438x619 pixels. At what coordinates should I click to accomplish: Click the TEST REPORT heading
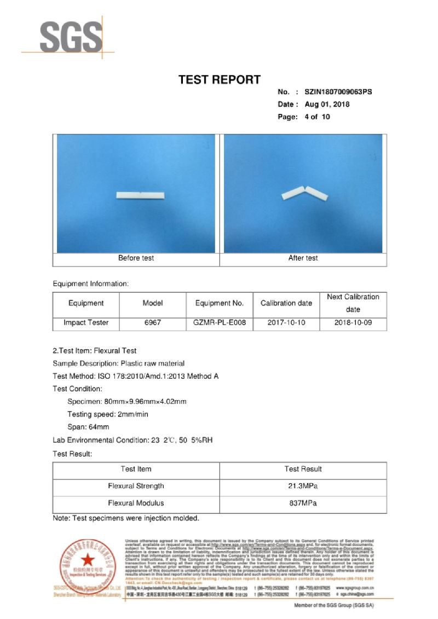pos(220,80)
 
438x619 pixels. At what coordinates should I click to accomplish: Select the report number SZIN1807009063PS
pos(338,92)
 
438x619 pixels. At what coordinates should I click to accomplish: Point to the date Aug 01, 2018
pos(327,105)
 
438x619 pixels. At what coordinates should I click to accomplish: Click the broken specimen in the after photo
pos(304,194)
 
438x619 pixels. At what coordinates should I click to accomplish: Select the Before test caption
pos(136,258)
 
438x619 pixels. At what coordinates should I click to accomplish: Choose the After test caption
pos(303,258)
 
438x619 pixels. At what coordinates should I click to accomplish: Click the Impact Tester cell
pos(86,323)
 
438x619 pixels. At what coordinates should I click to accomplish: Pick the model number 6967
pos(152,323)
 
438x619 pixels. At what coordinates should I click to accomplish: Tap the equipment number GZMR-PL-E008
pos(220,323)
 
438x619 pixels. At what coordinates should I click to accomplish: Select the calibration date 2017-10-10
pos(286,323)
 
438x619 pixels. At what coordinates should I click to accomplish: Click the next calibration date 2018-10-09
pos(353,323)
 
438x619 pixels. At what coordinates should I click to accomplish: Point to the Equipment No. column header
pos(220,303)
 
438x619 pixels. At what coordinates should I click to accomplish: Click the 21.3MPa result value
pos(303,486)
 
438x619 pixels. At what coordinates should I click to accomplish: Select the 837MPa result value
pos(303,504)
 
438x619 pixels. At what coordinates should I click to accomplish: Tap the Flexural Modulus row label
pos(136,504)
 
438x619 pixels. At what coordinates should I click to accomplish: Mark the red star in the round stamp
pos(88,559)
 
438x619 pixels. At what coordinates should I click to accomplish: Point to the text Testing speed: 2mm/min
pos(108,414)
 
